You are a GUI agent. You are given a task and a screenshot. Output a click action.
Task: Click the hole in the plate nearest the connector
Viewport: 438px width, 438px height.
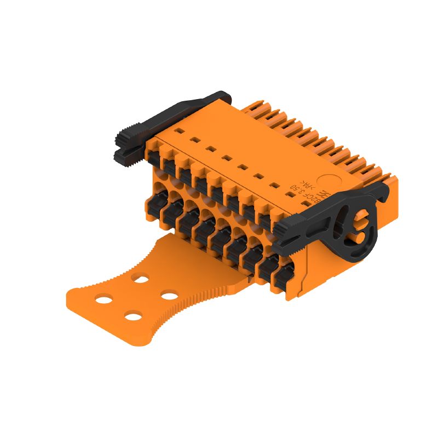click(x=141, y=279)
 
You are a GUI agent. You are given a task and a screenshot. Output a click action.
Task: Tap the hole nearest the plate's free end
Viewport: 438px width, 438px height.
click(x=132, y=315)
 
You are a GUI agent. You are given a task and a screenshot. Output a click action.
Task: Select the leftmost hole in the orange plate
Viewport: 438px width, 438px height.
click(x=103, y=298)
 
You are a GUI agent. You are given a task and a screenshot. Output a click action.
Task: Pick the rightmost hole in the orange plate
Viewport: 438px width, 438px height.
click(x=169, y=296)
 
